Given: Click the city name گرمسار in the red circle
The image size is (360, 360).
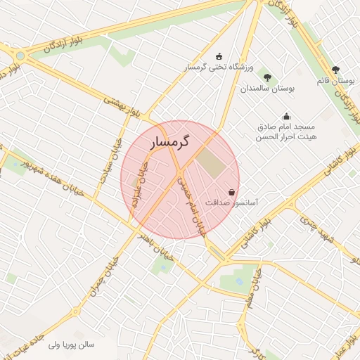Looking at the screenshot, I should click(x=172, y=143).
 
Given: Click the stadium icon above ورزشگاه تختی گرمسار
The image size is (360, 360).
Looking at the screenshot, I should click(x=219, y=56).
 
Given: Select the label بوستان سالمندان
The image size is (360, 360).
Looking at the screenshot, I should click(x=269, y=89).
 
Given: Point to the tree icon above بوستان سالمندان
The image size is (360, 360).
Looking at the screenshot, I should click(x=267, y=77).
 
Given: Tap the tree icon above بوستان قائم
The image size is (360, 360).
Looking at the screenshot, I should click(x=335, y=70).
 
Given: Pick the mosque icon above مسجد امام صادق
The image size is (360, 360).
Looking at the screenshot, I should click(x=285, y=116).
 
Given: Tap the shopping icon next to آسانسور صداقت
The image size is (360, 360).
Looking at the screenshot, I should click(x=231, y=192).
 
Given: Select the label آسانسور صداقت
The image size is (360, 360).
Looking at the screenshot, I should click(x=231, y=202).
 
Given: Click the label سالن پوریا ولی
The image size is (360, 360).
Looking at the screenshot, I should click(x=71, y=345).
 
